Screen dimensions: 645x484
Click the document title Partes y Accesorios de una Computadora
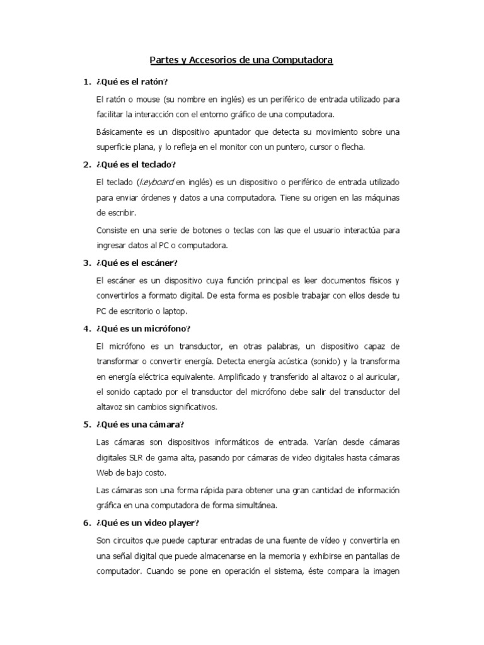pos(241,60)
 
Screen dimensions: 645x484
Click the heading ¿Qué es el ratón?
pos(132,83)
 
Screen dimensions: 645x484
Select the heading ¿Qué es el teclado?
pos(135,164)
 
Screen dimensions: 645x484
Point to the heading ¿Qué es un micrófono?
pos(143,329)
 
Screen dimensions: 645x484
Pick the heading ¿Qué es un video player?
pos(147,522)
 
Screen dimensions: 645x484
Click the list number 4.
pos(86,329)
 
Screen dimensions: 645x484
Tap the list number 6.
pos(86,522)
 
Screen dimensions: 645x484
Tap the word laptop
pos(190,311)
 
